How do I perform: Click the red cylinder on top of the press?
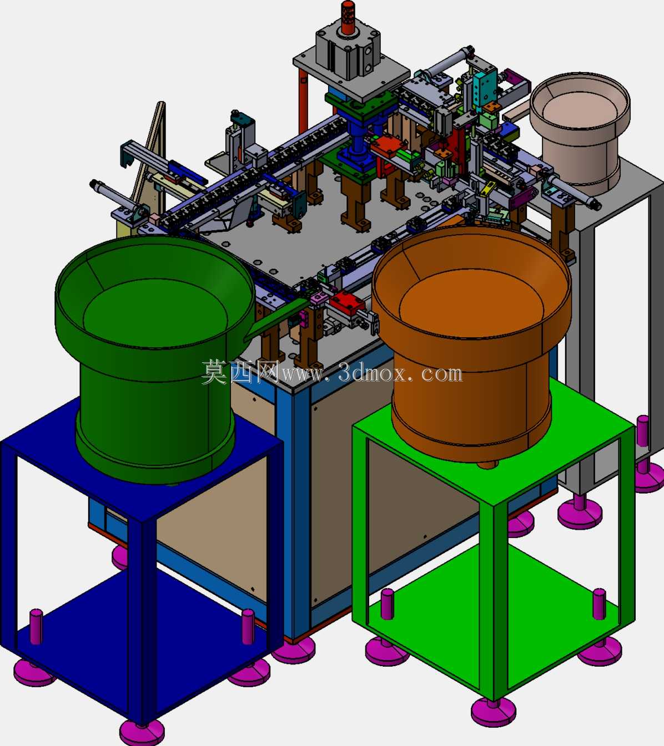coord(348,17)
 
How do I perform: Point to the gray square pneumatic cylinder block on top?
coord(348,55)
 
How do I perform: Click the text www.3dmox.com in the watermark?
coord(373,373)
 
